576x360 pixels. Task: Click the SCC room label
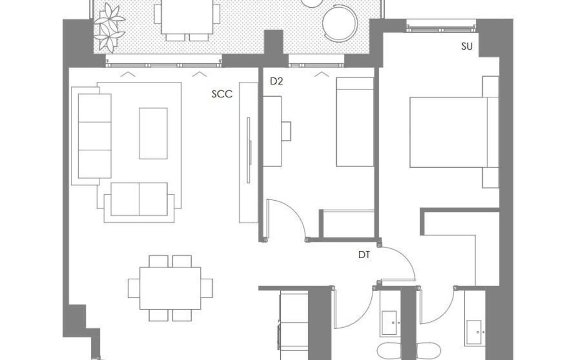click(222, 94)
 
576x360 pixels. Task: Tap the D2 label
click(276, 82)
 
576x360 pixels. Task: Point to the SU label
click(467, 47)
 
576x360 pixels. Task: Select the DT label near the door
click(364, 255)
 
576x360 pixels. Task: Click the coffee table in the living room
click(153, 133)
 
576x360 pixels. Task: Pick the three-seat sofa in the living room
click(95, 136)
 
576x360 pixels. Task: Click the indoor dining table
click(170, 289)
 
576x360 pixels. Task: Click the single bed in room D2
click(355, 122)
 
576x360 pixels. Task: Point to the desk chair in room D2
click(286, 131)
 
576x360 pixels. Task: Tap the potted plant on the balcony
click(109, 28)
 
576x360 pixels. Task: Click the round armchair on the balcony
click(340, 24)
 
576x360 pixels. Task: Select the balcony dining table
click(187, 16)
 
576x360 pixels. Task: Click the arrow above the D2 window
click(322, 75)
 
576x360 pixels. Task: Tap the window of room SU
click(441, 26)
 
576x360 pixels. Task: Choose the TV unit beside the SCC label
click(249, 152)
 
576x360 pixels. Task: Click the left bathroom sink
click(389, 323)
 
